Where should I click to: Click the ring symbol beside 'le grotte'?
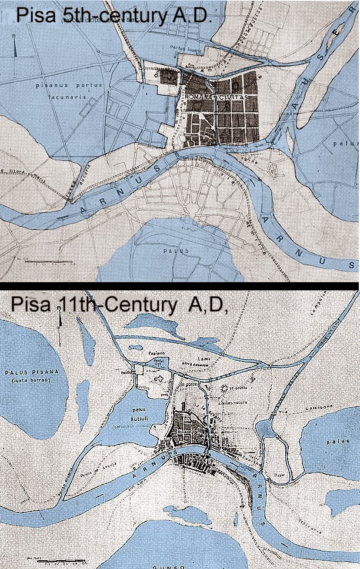pyautogui.click(x=224, y=389)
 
